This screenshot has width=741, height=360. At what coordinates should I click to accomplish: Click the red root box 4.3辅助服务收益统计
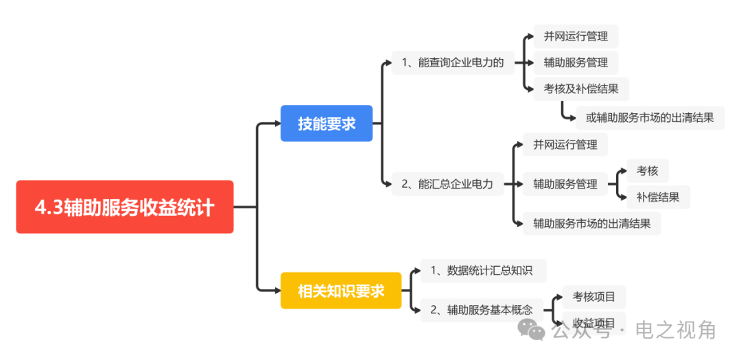tap(125, 207)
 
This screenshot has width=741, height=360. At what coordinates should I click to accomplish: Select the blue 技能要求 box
tap(327, 123)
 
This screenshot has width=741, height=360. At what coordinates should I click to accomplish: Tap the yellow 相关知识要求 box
tap(341, 291)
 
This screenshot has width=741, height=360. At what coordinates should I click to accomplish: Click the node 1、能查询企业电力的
tap(453, 62)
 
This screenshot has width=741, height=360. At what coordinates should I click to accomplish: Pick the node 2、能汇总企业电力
tap(447, 184)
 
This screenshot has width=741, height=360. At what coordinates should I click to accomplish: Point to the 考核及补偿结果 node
tap(581, 89)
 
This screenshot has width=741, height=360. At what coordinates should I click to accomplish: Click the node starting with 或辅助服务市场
tap(650, 118)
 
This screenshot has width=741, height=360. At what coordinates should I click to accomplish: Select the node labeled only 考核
tap(648, 171)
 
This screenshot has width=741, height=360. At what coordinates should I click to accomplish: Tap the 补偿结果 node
tap(658, 197)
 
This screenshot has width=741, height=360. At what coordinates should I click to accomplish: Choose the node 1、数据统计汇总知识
tap(484, 271)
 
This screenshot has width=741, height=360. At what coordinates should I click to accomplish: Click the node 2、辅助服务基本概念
tap(481, 310)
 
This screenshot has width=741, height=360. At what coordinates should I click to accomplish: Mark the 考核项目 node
tap(594, 297)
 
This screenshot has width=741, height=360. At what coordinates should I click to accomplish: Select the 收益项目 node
tap(594, 323)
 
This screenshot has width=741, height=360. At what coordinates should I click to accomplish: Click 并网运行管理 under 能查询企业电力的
tap(576, 36)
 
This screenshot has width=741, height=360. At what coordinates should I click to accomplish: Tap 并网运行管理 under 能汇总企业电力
tap(565, 145)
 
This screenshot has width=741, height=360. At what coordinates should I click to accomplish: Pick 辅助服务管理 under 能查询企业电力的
tap(576, 62)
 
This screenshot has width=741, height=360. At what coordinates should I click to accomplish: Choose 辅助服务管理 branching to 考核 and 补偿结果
tap(565, 184)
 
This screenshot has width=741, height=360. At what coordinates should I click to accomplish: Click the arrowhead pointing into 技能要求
tap(277, 124)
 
